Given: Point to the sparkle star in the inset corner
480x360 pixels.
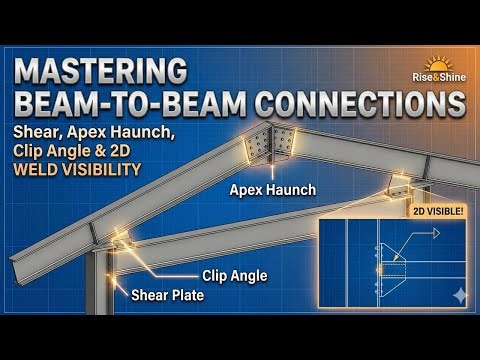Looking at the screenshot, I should point(458,295).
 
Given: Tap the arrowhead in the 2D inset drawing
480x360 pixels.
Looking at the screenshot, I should point(436,232).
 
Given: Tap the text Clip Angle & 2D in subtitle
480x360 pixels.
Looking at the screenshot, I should point(80,151).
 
